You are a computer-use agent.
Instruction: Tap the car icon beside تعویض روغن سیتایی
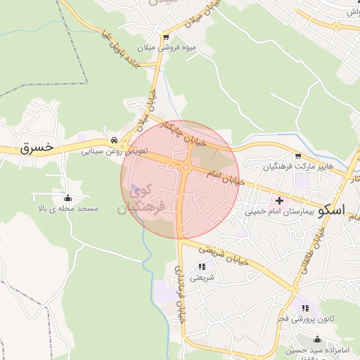tap(114, 139)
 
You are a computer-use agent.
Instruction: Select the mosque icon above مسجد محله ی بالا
tap(67, 198)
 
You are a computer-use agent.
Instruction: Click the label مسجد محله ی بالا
tap(68, 209)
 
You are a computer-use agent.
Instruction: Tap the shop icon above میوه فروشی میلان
tap(166, 37)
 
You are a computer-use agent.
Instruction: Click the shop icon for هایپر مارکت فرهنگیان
tap(298, 156)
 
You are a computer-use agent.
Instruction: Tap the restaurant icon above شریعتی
tap(202, 266)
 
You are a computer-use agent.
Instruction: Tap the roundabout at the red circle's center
tap(185, 167)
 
